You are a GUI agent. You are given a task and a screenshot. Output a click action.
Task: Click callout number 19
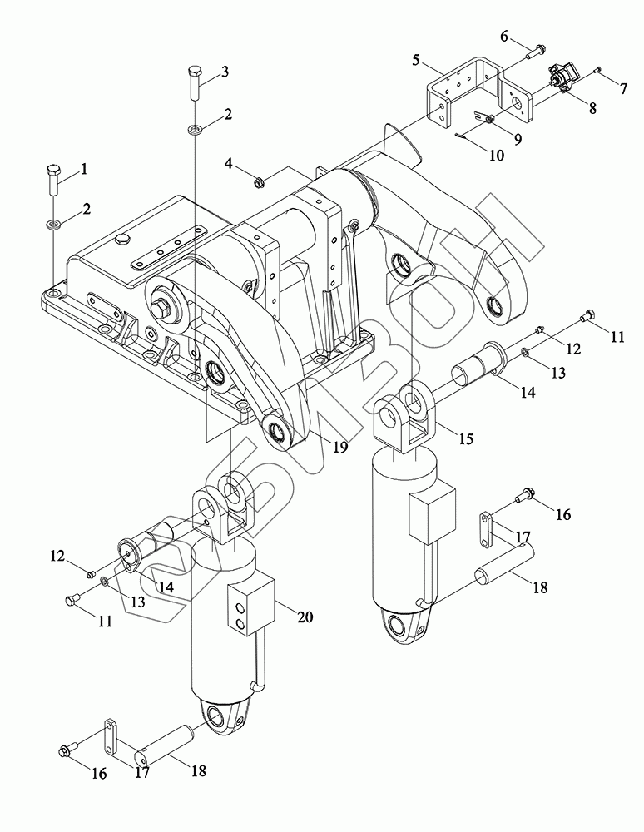[x=340, y=447]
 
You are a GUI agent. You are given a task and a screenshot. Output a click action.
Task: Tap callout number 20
[x=305, y=617]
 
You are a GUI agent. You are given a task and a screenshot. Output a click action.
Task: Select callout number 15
[x=466, y=438]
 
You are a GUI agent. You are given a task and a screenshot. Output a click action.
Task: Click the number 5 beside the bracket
[x=416, y=59]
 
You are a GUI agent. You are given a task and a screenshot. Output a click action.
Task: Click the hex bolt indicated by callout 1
[x=53, y=178]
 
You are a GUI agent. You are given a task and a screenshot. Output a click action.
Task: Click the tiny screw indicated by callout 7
[x=598, y=69]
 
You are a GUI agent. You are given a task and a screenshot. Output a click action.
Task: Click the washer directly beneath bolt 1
[x=54, y=223]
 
